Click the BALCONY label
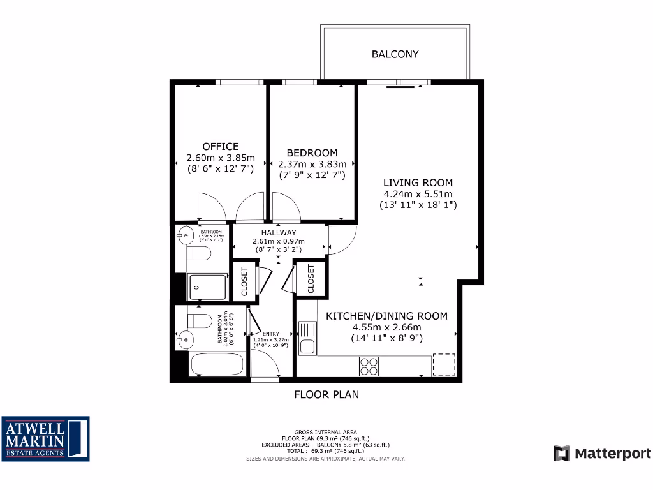[395, 54]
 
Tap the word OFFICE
[221, 146]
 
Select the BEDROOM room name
[312, 152]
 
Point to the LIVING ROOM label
[418, 183]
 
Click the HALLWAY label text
[278, 232]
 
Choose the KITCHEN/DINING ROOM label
[386, 316]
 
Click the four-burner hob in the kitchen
[369, 366]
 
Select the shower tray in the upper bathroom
[207, 287]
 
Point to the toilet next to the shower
[199, 255]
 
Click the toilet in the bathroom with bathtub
[199, 320]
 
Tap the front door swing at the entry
[265, 364]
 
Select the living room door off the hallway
[341, 239]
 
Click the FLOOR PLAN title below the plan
[326, 394]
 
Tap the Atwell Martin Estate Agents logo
[45, 439]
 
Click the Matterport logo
[602, 454]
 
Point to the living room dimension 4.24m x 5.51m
[418, 194]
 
